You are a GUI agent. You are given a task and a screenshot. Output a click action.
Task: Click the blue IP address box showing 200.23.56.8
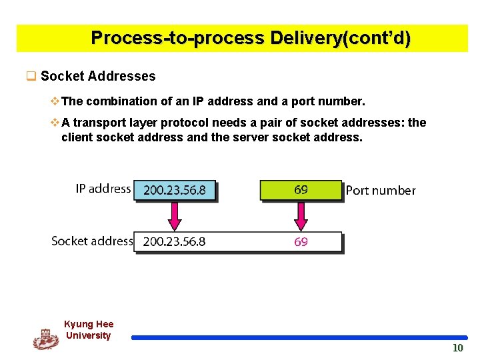point(175,190)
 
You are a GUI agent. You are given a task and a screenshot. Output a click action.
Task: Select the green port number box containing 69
point(301,190)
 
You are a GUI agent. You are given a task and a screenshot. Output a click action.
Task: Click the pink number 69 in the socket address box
point(301,241)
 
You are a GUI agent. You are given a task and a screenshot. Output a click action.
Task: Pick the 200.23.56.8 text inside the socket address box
point(175,241)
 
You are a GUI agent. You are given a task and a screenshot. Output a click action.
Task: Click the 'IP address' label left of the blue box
point(103,189)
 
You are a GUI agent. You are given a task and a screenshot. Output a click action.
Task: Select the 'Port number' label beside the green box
point(381,191)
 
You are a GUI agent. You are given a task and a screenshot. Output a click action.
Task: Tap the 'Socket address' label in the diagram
point(92,241)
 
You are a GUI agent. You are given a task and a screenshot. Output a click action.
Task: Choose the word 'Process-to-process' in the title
point(178,37)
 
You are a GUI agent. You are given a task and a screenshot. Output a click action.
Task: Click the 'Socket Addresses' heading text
point(98,76)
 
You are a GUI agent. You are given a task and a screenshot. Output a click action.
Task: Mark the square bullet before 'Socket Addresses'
point(31,76)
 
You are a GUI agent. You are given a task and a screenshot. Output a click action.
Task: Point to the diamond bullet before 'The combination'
point(55,101)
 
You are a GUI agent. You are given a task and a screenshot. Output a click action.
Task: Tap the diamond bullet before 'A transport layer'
point(55,123)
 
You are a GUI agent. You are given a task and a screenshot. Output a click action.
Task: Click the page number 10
point(457,348)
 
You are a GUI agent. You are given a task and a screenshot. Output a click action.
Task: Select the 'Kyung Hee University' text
point(89,330)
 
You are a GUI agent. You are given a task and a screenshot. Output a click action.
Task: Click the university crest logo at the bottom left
point(45,339)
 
